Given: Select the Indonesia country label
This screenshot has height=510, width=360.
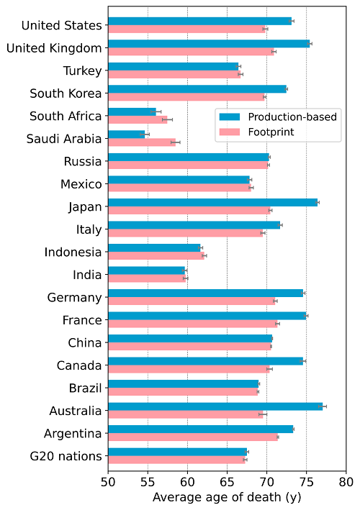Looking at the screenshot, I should pyautogui.click(x=73, y=252).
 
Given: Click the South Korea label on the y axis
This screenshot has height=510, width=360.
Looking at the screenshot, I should pyautogui.click(x=66, y=93).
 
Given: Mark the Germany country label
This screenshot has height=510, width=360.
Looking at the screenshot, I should pyautogui.click(x=74, y=297).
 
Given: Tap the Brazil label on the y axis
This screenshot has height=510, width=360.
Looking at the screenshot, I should pyautogui.click(x=83, y=388).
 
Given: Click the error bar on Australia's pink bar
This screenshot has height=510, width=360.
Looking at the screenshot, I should pyautogui.click(x=263, y=414).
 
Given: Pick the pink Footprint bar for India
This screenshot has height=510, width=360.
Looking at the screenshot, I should pyautogui.click(x=147, y=278).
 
